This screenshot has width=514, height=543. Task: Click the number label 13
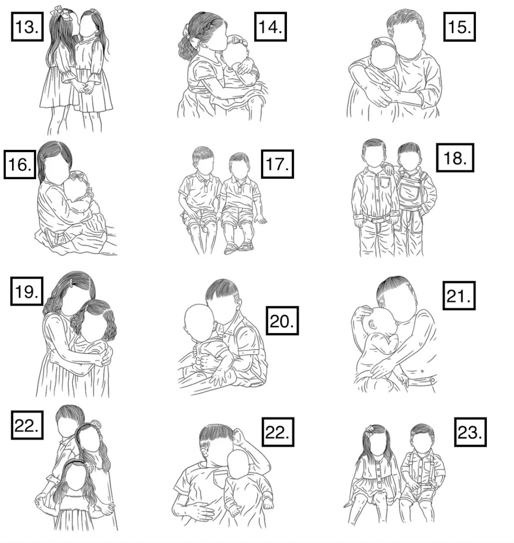point(27,27)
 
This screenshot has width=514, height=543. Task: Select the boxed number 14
point(270,27)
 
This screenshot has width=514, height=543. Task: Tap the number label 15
point(459,27)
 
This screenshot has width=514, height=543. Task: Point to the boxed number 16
point(20,164)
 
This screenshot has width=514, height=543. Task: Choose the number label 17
point(277,164)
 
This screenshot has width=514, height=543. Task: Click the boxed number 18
point(455,158)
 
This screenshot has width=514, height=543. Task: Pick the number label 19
point(26,291)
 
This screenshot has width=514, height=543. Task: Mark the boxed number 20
point(282,321)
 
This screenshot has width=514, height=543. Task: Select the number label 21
point(459,295)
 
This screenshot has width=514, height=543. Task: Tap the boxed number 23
point(470,432)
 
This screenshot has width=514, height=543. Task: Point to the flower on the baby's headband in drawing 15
point(376,42)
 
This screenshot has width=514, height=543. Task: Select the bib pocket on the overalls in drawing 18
point(408,190)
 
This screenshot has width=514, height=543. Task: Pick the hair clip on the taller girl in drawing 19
point(71,283)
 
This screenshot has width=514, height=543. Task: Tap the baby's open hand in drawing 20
point(218,376)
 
